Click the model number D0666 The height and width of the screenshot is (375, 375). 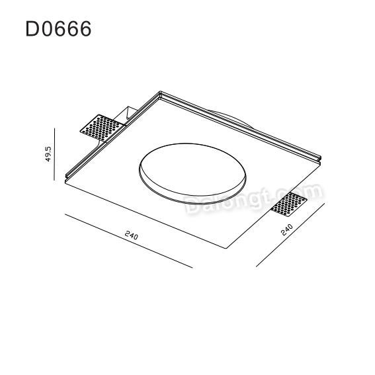tap(58, 28)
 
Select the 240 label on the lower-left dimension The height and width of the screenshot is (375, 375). tap(129, 235)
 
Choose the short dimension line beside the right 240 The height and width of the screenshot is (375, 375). tap(292, 236)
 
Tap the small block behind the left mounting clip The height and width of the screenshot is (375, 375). tap(128, 110)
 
